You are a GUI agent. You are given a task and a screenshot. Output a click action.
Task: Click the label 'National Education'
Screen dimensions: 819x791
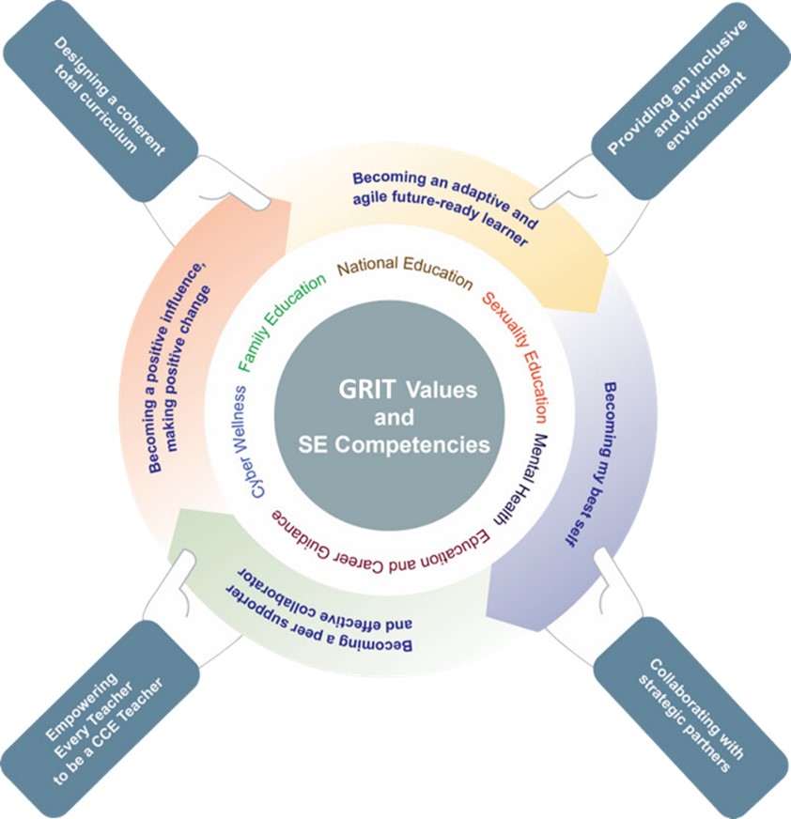405,271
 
